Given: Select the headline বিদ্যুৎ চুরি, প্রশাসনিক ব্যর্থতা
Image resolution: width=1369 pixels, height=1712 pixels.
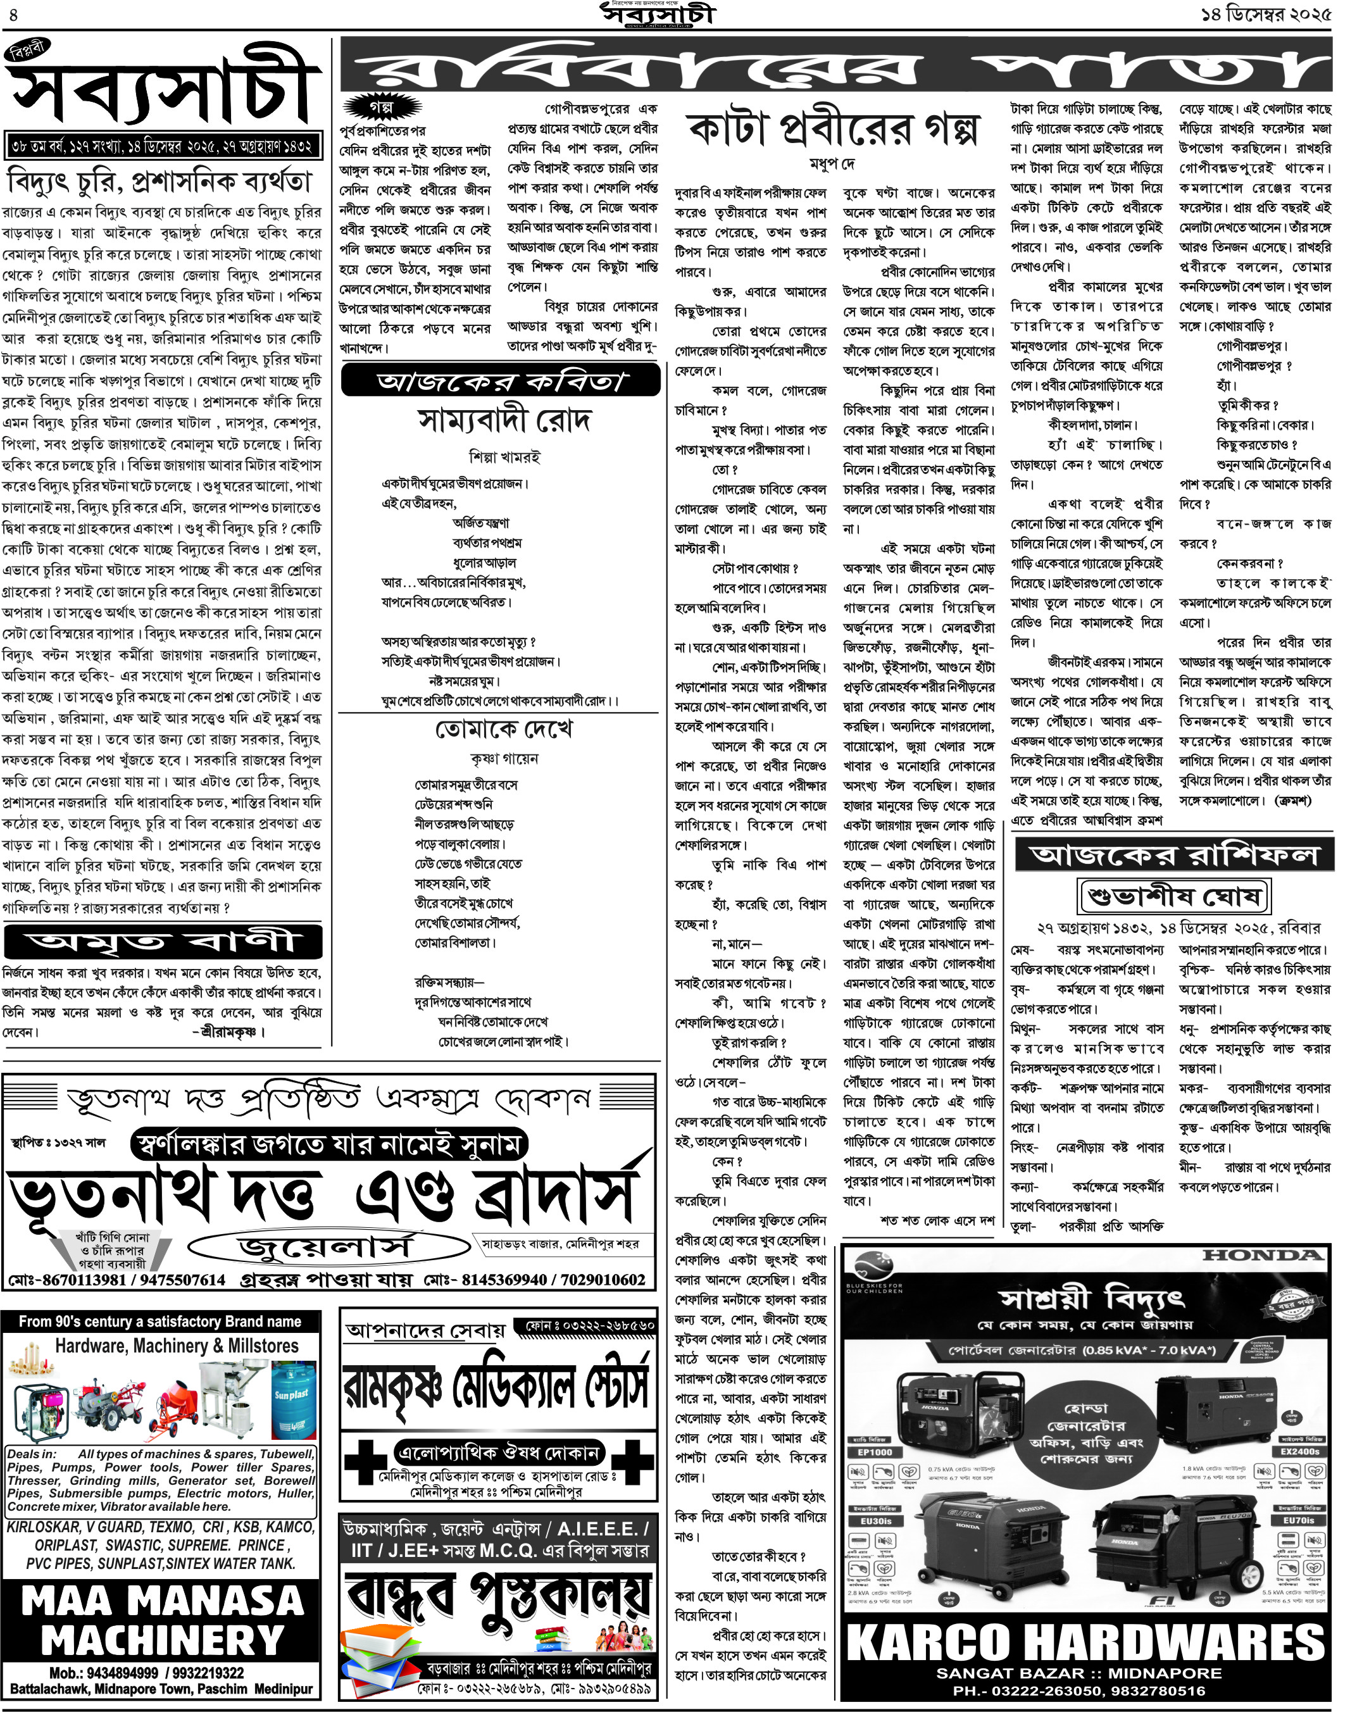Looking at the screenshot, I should pos(159,182).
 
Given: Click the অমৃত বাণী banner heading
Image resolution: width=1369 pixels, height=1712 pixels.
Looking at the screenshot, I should pos(163,942).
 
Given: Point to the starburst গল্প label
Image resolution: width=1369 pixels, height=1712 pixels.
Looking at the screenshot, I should pos(381,106).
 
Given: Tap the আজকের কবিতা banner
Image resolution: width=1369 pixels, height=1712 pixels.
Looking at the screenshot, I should pos(500,381).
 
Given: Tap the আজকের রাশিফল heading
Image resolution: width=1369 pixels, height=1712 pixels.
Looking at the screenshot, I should pos(1173,855).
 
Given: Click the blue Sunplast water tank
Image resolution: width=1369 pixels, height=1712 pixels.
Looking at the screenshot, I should pos(293,1400).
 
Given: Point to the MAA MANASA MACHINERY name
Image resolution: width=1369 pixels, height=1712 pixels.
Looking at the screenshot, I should pos(163,1620).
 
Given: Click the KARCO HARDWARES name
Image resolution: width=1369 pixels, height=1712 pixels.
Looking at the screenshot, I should pos(1085,1642).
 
